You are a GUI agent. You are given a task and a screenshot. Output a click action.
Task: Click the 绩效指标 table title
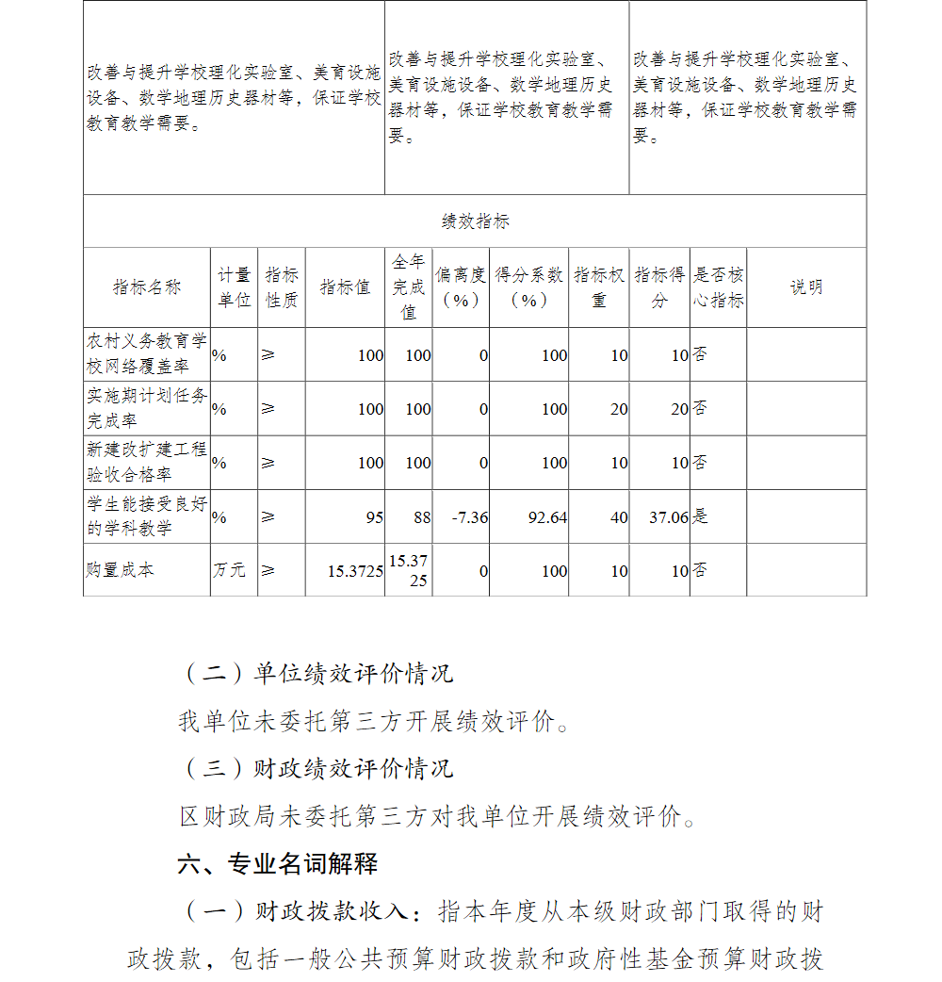(475, 221)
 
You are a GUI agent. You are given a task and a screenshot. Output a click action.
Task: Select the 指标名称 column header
(147, 287)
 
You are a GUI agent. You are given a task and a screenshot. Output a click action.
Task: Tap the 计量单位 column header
(235, 287)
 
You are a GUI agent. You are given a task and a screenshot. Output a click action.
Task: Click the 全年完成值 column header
(409, 286)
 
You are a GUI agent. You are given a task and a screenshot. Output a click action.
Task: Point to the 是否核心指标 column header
(718, 287)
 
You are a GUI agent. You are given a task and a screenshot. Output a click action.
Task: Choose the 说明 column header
(805, 287)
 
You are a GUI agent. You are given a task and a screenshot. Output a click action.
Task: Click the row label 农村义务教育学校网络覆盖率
(147, 354)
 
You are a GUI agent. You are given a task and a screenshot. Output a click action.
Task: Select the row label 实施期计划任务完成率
(147, 408)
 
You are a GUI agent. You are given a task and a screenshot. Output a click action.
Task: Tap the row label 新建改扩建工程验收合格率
(147, 462)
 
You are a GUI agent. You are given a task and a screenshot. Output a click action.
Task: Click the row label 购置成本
(120, 570)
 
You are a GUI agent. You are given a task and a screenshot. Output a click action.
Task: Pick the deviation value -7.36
(469, 517)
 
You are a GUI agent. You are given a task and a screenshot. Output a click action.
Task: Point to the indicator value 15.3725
(355, 571)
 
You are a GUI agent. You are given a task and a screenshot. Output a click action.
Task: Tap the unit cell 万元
(229, 570)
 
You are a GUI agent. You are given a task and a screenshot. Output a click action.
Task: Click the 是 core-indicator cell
(701, 516)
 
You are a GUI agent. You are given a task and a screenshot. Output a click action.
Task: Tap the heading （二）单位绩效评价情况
(317, 674)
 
